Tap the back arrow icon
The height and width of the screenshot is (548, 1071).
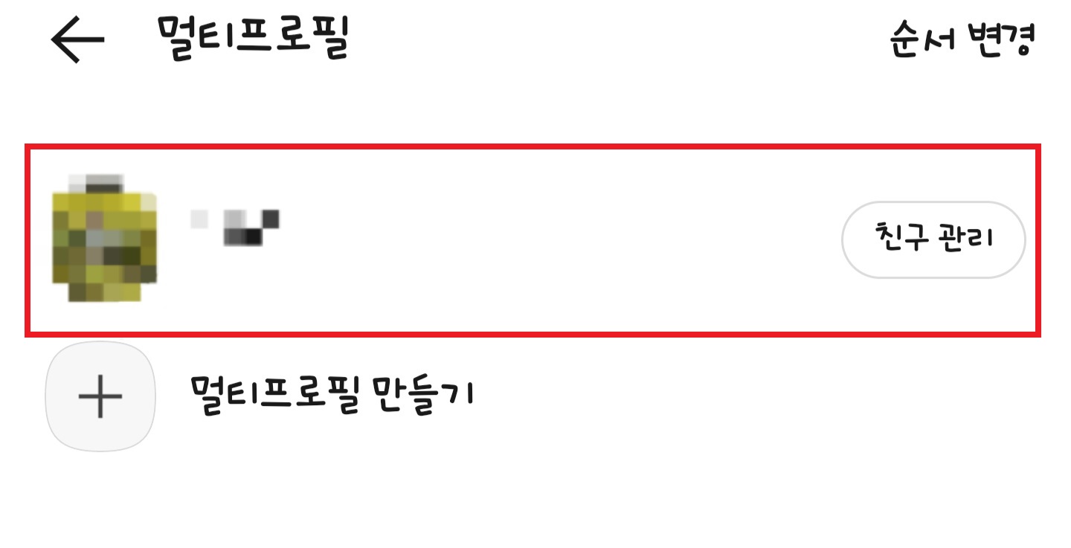coord(77,39)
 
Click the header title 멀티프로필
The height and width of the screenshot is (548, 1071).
coord(253,37)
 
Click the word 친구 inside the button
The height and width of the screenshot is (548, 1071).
coord(898,239)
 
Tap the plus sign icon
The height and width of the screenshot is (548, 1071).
coord(100,396)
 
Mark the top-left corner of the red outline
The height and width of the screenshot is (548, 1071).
coord(28,147)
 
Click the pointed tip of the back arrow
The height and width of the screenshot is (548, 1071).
coord(54,39)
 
